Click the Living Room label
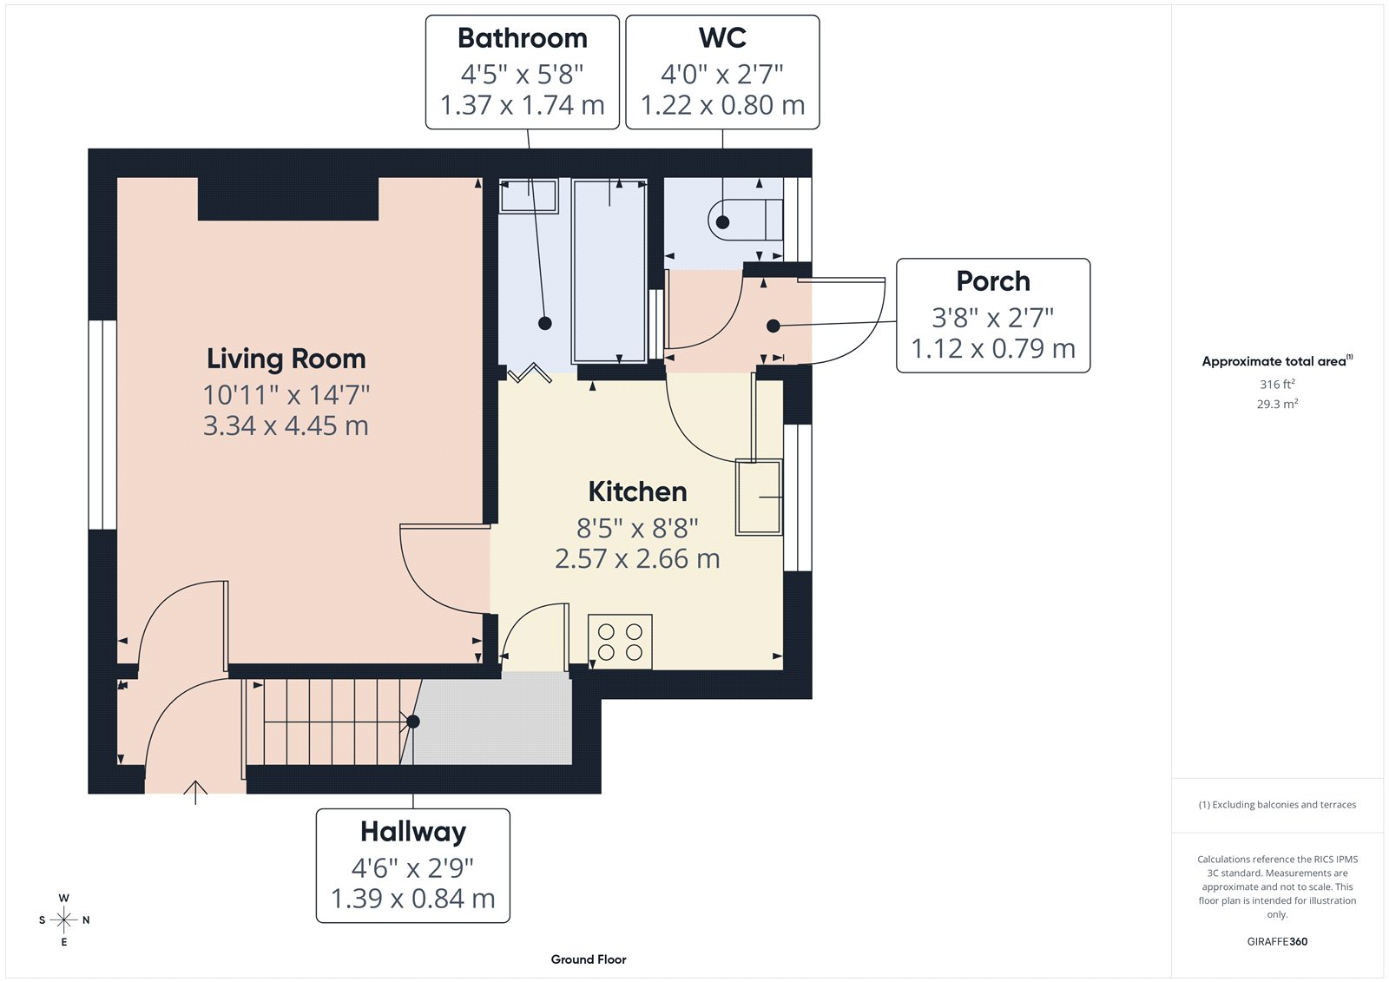pos(286,359)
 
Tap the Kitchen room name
pos(637,491)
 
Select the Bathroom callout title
pos(522,38)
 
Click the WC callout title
pos(722,38)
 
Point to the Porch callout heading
pos(992,281)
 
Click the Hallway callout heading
pos(412,832)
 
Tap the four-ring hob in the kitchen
pos(620,643)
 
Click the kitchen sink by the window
pos(759,497)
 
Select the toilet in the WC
pos(745,219)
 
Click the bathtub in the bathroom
pos(609,271)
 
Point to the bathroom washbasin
pos(528,195)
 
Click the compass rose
pos(63,919)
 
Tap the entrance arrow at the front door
pos(195,791)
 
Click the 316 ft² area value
pos(1277,384)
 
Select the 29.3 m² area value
pos(1277,404)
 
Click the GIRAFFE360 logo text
pos(1277,941)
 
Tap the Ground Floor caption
pos(588,959)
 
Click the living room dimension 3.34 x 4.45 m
pos(286,425)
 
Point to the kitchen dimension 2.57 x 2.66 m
pos(637,558)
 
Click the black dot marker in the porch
pos(773,326)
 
